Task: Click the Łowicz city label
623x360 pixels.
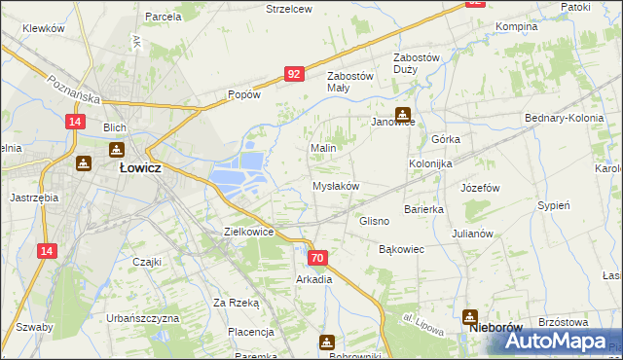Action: coord(140,167)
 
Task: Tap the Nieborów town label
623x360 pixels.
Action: coord(493,329)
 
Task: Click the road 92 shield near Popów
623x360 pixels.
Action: coord(294,73)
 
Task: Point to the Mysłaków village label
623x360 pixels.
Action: coord(336,186)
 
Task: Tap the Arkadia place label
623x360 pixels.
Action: coord(314,279)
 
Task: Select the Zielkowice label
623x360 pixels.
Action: coord(248,233)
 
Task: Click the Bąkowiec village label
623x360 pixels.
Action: coord(401,249)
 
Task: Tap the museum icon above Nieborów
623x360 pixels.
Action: coord(470,315)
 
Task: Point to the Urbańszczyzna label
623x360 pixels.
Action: coord(143,319)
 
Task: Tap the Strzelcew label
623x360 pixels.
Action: coord(289,9)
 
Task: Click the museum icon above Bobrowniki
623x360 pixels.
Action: coord(326,342)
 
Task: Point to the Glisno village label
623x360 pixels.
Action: coord(375,221)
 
